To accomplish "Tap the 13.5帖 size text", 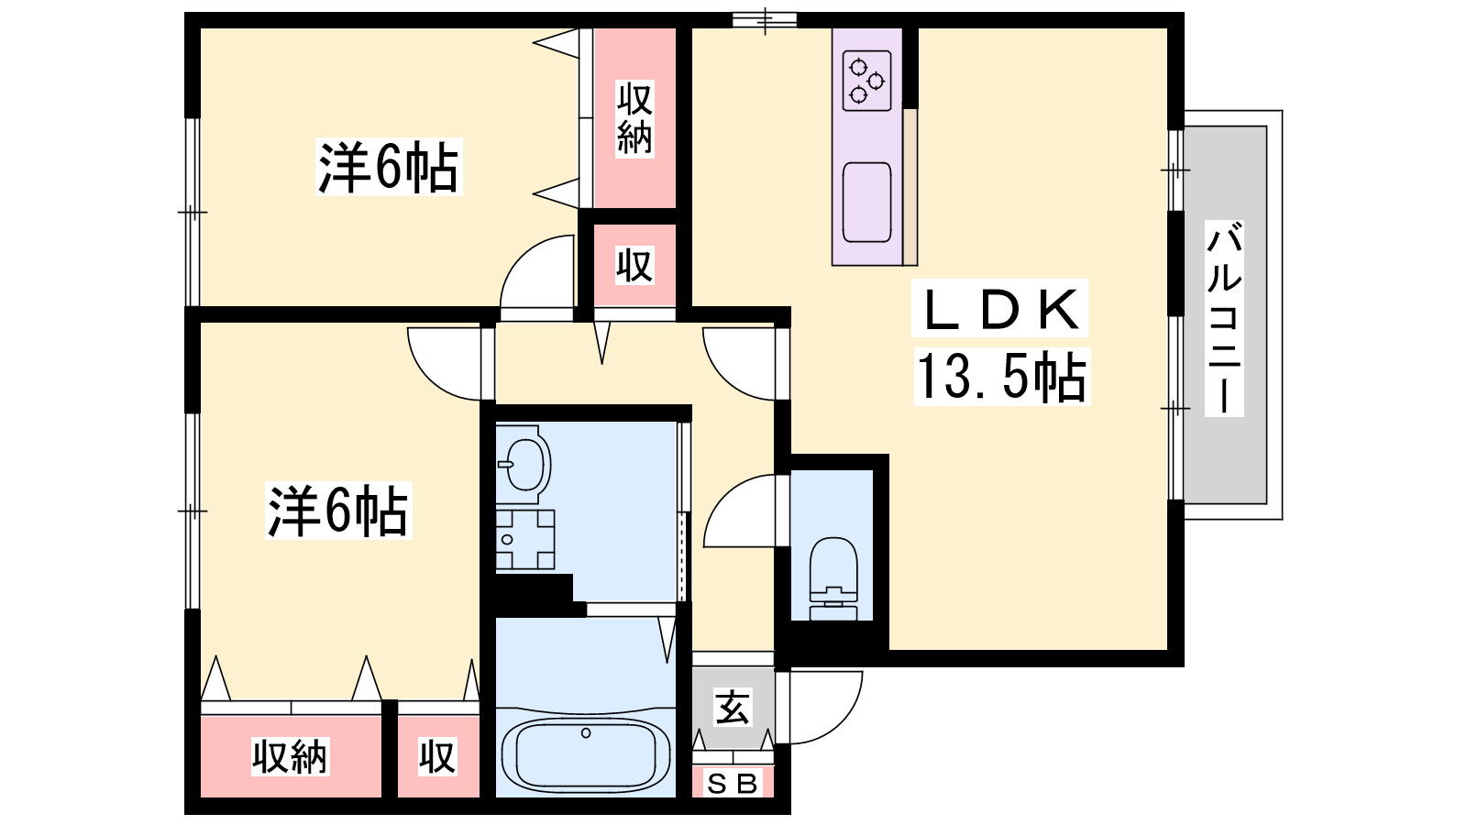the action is tap(1002, 376).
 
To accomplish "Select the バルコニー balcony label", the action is tap(1224, 318).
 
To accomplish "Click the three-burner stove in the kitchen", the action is tap(867, 82).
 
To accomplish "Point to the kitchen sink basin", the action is tap(867, 203).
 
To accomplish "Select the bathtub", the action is tap(586, 755).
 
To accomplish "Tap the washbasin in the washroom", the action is tap(524, 464).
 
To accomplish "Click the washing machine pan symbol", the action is tap(525, 540).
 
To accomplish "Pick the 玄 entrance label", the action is tap(733, 707).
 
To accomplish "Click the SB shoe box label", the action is tap(733, 784).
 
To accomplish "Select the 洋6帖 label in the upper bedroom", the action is tap(389, 167).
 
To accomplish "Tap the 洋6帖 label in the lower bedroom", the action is tap(338, 511).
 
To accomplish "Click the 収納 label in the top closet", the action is tap(634, 118).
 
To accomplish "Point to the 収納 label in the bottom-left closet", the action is tap(290, 757).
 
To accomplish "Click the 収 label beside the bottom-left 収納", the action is tap(437, 757).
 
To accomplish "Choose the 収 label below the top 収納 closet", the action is tap(634, 265).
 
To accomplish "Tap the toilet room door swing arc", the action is tap(723, 496).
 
